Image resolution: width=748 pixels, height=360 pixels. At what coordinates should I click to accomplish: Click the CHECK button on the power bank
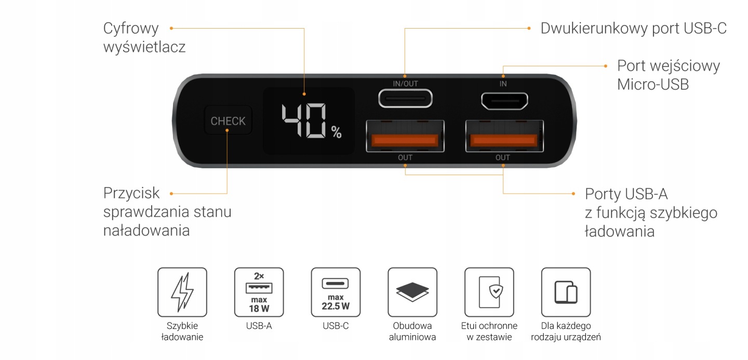pos(228,121)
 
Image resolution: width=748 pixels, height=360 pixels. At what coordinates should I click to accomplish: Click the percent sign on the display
pos(337,133)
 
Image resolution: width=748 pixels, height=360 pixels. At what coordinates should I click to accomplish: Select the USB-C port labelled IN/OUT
pos(405,98)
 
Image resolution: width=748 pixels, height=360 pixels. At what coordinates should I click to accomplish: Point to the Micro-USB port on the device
pos(504,101)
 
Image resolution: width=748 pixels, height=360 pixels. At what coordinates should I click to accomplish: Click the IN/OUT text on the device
pos(405,84)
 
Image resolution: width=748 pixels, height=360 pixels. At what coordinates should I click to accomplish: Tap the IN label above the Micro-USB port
pos(503,84)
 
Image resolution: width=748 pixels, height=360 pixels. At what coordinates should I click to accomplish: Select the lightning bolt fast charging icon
pos(182,292)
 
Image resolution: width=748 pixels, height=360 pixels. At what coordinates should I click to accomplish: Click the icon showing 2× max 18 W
pos(259,292)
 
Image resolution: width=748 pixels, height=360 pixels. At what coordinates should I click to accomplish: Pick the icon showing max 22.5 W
pos(336,292)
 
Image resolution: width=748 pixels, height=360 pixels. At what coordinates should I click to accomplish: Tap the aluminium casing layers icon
pos(412,292)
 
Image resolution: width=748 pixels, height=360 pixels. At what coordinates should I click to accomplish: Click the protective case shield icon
pos(489,292)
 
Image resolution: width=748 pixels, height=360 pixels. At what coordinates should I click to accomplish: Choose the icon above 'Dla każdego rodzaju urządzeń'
pos(566,292)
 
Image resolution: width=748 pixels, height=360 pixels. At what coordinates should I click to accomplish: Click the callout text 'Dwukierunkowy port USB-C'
pos(633,28)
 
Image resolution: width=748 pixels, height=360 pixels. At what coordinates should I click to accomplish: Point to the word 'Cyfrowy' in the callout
pos(131,28)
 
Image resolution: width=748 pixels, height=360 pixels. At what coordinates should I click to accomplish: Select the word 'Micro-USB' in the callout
pos(653,84)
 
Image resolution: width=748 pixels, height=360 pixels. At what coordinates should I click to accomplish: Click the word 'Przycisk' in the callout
pos(131,193)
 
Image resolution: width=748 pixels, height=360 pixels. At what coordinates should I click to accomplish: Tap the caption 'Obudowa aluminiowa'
pos(412,331)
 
